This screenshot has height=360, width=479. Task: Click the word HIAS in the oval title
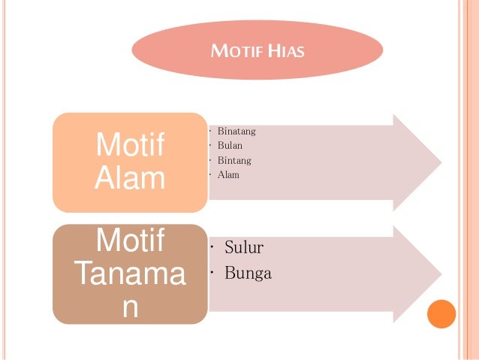click(287, 52)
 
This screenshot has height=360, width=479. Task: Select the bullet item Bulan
click(230, 146)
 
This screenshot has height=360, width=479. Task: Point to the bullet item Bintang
click(234, 160)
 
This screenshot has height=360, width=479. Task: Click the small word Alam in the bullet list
click(228, 174)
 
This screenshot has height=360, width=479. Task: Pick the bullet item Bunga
click(249, 274)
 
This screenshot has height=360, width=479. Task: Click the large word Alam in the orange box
click(130, 179)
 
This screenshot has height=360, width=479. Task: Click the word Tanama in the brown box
click(130, 276)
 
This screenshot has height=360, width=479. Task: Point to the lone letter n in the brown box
click(130, 308)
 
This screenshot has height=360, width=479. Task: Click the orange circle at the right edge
click(441, 313)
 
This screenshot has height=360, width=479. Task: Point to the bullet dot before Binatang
click(212, 132)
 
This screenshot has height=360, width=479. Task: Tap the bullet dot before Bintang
click(212, 160)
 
